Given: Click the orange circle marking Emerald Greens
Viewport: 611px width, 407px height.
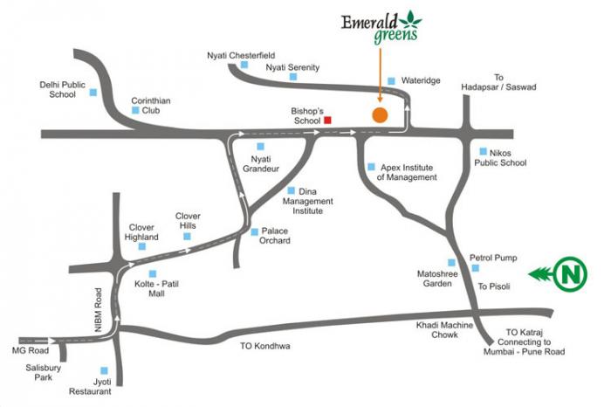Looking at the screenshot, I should pos(380,114).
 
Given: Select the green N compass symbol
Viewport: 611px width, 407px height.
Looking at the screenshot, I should pos(571,274).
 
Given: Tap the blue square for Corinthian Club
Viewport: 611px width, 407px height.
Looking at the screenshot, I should pos(135,110).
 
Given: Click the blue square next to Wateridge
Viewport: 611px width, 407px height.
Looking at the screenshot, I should pos(391,79).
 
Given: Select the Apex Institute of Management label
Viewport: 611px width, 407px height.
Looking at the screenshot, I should pos(406,171).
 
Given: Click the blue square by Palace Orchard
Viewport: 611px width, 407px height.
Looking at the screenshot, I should pos(254,231).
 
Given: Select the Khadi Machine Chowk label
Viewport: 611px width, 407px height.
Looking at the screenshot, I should pos(445,330).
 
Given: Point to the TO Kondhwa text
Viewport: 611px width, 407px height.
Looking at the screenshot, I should pos(264,346).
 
